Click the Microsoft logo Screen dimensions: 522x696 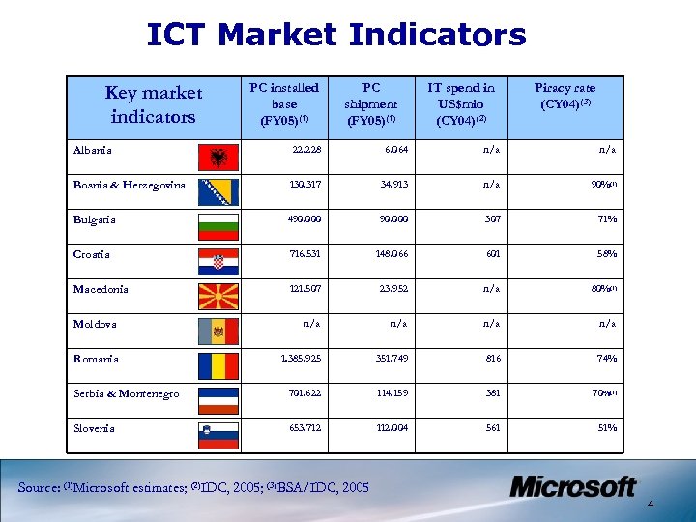click(573, 486)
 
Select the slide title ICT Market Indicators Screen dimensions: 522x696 click(335, 36)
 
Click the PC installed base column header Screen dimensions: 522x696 click(284, 104)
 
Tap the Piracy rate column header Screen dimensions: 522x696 click(565, 96)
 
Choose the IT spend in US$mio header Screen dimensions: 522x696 click(461, 104)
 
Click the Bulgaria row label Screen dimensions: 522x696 click(95, 219)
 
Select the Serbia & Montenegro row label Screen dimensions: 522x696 click(127, 393)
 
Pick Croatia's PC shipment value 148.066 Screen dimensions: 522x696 click(383, 254)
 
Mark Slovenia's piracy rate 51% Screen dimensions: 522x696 click(605, 428)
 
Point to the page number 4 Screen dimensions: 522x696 click(678, 504)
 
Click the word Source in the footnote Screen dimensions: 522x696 click(40, 487)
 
